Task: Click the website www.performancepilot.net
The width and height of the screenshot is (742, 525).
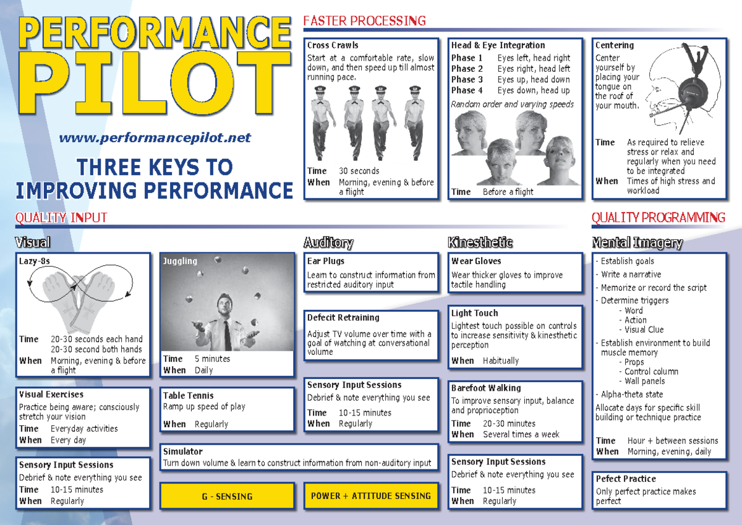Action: point(155,139)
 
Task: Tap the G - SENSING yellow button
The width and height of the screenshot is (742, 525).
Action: point(227,496)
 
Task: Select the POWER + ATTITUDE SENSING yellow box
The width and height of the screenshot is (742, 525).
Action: point(370,496)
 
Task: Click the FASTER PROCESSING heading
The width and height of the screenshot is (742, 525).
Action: point(364,22)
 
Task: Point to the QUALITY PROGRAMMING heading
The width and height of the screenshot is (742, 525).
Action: point(658,218)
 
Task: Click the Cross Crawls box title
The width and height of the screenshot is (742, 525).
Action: point(333,45)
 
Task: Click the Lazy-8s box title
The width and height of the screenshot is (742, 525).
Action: point(34,261)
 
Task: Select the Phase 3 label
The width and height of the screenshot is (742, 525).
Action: point(467,79)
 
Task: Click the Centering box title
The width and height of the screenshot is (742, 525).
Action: point(614,45)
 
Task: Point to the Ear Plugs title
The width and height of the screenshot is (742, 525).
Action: point(326,261)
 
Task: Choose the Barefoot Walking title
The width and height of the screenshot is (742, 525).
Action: point(486,388)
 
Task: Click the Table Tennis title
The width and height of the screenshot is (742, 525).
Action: point(188,396)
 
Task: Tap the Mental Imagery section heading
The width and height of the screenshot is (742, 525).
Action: point(637,243)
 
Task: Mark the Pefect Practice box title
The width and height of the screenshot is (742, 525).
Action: point(626,479)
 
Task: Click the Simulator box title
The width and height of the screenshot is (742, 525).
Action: point(182,451)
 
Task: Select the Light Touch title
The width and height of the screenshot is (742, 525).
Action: point(474,314)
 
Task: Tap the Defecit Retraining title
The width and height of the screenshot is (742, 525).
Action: point(343,318)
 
